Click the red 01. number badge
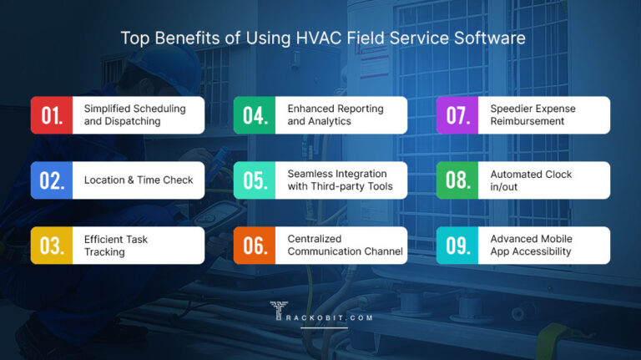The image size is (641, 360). [52, 115]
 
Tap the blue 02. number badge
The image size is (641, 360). [52, 180]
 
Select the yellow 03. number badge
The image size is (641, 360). [52, 246]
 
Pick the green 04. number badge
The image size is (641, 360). [255, 115]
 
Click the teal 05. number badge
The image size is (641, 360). [255, 180]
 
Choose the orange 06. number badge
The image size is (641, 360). [255, 246]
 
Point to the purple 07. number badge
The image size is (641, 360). [458, 115]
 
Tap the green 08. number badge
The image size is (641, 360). [458, 180]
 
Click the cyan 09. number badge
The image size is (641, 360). [458, 246]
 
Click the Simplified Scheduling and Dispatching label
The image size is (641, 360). [134, 115]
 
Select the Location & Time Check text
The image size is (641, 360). [138, 180]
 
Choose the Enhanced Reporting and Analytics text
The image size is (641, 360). [335, 115]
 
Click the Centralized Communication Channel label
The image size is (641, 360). [345, 246]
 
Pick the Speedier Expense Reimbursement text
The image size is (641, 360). [532, 115]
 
